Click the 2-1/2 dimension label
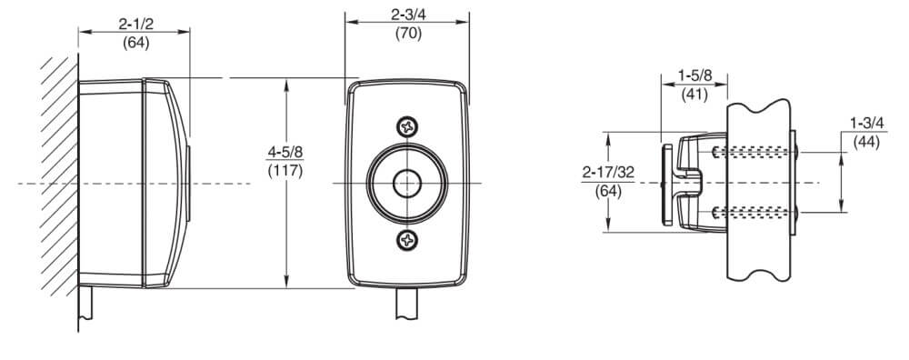point(135,24)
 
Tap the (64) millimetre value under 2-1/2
point(135,43)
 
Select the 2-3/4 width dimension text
point(408,15)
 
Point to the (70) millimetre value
point(408,33)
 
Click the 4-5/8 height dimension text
point(285,153)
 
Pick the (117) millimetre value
point(285,171)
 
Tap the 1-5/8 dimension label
point(694,75)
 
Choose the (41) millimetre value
point(694,94)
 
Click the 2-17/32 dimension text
point(608,172)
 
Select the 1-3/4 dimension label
point(866,123)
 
